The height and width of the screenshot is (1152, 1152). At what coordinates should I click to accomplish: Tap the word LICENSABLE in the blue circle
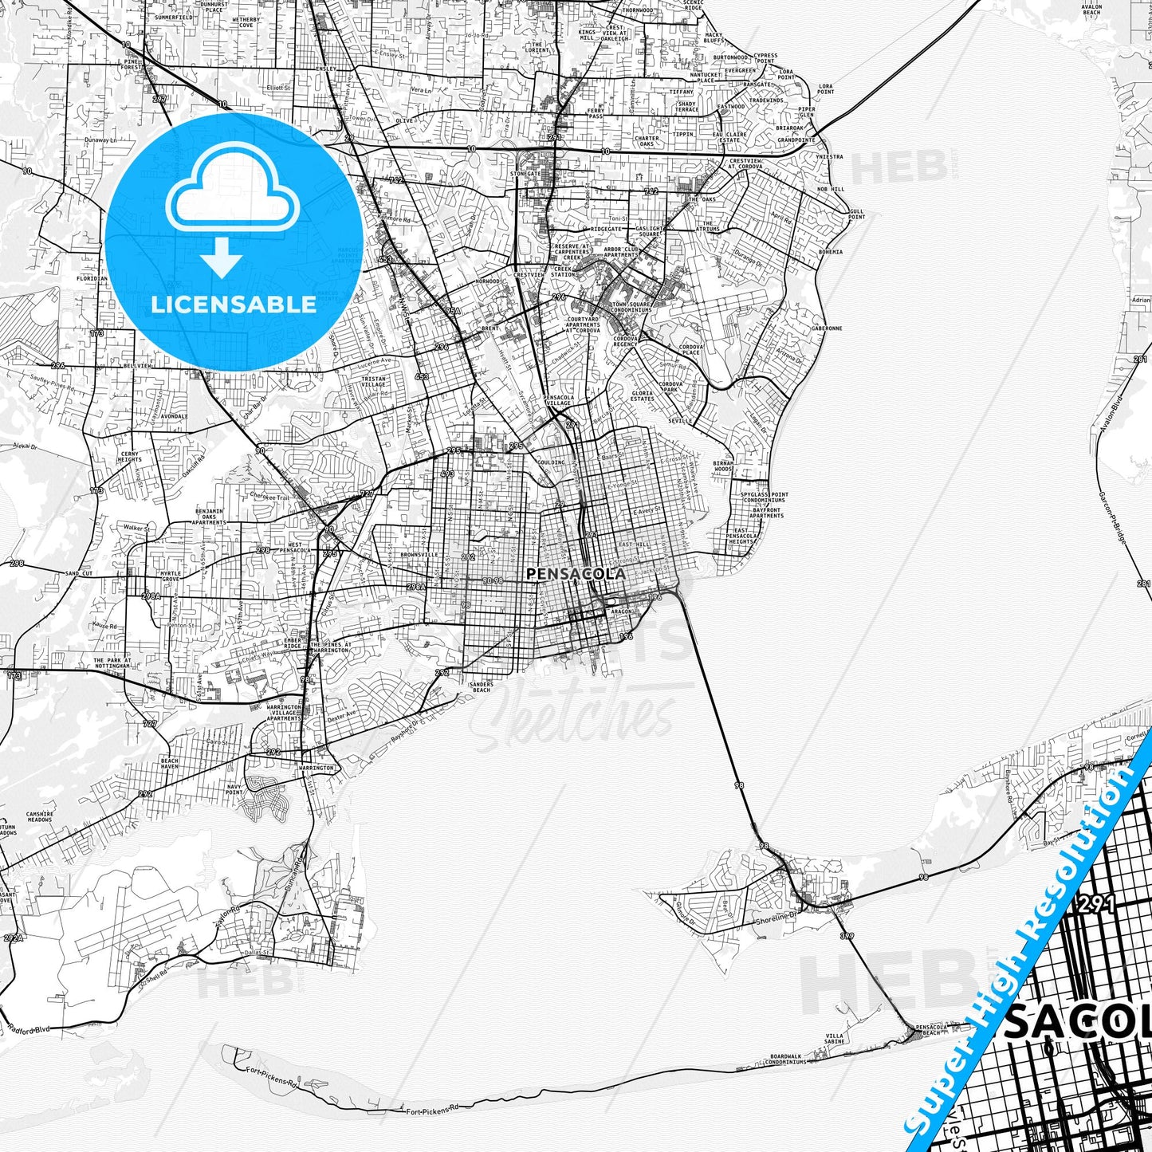click(234, 305)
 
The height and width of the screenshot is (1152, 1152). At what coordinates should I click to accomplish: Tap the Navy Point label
click(234, 789)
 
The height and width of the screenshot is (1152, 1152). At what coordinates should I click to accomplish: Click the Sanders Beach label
click(481, 686)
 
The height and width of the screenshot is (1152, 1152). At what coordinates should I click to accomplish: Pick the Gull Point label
click(856, 214)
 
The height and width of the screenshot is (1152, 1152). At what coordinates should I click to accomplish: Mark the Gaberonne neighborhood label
click(827, 328)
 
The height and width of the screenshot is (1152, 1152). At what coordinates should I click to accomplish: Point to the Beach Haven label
click(170, 763)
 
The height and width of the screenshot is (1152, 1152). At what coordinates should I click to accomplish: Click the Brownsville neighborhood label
click(419, 554)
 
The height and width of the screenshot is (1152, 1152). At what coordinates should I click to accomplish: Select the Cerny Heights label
click(129, 457)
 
